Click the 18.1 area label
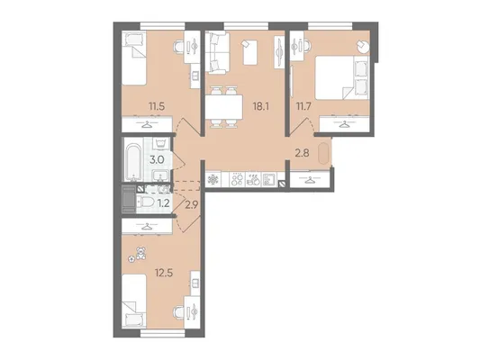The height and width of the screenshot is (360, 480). [261, 106]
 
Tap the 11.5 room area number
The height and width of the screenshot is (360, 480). [157, 106]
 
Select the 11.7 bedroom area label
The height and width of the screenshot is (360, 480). [303, 106]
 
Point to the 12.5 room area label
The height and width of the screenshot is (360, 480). [164, 273]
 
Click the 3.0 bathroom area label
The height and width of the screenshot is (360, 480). [158, 159]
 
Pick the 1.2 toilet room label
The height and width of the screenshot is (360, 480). [164, 203]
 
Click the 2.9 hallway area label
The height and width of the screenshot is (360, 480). [193, 204]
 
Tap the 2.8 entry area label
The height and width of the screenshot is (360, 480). [303, 153]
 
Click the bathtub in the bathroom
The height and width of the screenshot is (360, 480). [133, 160]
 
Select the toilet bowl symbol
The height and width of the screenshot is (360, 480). [147, 202]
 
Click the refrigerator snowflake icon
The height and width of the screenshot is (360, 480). [212, 179]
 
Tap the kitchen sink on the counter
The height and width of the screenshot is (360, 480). [268, 179]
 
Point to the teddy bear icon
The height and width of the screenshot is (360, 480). [140, 253]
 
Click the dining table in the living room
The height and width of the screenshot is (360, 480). [223, 107]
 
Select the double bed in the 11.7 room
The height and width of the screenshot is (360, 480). [342, 77]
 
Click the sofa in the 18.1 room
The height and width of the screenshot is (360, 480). [217, 53]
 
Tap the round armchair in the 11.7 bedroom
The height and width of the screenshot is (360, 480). [363, 47]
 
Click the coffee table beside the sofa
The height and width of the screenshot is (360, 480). [250, 52]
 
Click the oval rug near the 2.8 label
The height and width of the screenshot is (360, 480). [323, 154]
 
